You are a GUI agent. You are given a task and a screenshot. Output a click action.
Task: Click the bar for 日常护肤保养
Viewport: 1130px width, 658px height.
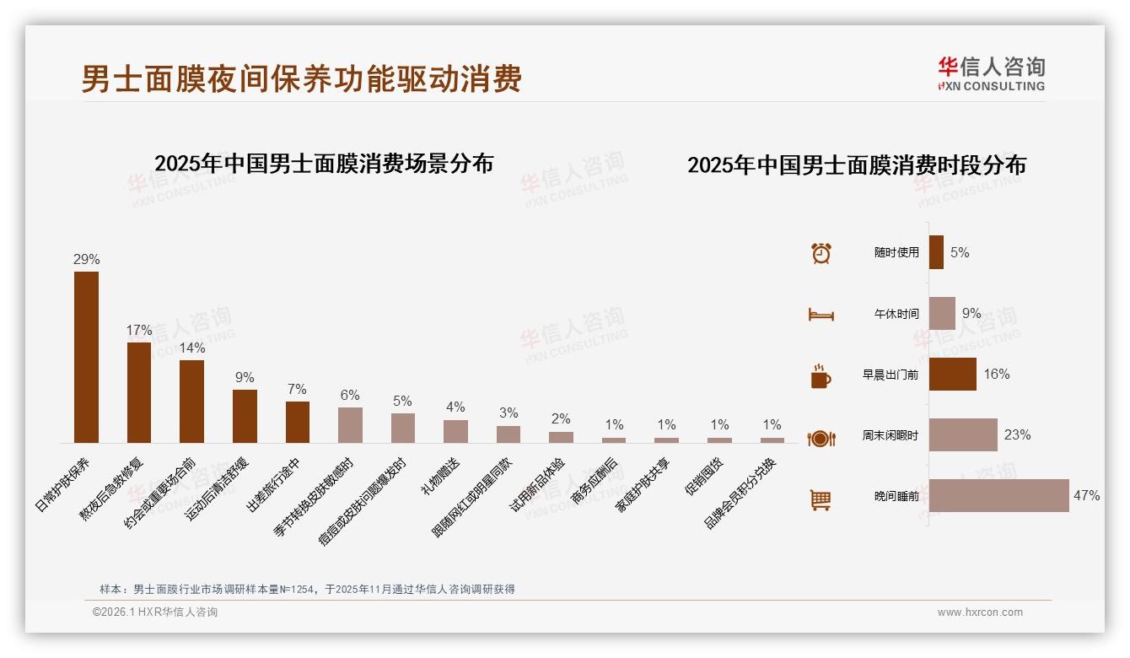click(86, 357)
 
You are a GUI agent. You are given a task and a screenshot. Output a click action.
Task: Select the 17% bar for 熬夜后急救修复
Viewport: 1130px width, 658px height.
click(139, 392)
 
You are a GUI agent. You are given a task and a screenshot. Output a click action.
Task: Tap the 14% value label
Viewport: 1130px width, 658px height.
click(191, 348)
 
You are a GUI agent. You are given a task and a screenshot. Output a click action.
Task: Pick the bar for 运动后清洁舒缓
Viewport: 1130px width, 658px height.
click(245, 416)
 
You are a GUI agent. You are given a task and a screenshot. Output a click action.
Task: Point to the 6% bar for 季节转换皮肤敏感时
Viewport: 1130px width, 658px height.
click(350, 425)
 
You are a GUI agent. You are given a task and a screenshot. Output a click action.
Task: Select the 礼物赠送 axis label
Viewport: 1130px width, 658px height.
click(441, 477)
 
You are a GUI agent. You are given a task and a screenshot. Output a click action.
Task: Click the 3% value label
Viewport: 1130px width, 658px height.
click(508, 413)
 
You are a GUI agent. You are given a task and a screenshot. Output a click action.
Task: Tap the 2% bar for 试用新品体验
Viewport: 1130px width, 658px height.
click(561, 437)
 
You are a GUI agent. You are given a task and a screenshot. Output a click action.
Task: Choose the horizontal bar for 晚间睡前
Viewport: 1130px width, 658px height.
click(998, 496)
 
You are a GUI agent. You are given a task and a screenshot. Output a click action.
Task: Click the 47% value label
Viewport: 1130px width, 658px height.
click(1086, 496)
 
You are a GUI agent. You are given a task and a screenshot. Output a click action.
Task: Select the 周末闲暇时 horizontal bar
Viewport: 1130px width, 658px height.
click(963, 435)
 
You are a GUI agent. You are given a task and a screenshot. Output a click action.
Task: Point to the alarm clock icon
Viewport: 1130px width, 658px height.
click(821, 253)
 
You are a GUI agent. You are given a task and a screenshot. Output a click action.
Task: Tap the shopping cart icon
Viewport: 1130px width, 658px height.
click(821, 499)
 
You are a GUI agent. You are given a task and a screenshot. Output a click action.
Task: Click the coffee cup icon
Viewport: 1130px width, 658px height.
click(821, 376)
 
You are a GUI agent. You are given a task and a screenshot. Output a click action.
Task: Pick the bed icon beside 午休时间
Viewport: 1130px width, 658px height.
click(821, 315)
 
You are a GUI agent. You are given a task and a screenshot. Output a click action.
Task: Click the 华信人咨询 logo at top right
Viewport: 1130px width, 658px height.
click(991, 74)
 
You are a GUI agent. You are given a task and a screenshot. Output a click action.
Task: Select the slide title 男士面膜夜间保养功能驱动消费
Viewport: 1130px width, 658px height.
click(301, 79)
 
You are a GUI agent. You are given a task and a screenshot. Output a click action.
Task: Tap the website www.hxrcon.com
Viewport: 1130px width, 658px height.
click(980, 612)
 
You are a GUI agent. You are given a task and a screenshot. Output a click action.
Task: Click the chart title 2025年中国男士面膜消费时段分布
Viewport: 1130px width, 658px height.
click(856, 165)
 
